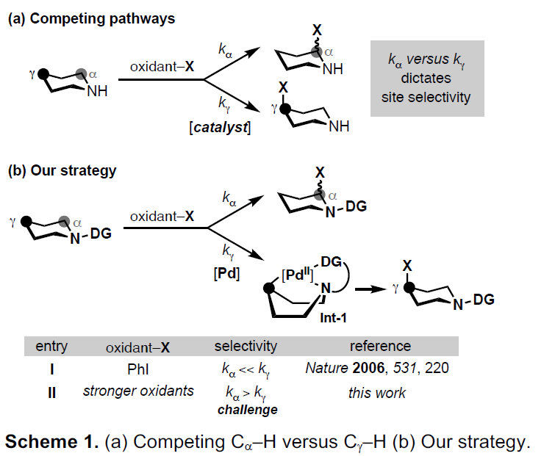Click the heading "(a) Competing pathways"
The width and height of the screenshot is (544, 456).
tap(91, 19)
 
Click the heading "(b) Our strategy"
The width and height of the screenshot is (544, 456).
tap(62, 171)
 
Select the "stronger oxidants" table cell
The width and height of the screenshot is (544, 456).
tap(139, 391)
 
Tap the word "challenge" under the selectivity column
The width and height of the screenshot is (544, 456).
tap(247, 410)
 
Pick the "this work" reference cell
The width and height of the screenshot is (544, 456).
tap(377, 393)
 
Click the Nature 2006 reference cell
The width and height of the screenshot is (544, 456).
tap(377, 369)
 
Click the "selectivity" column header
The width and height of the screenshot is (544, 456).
tap(246, 346)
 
